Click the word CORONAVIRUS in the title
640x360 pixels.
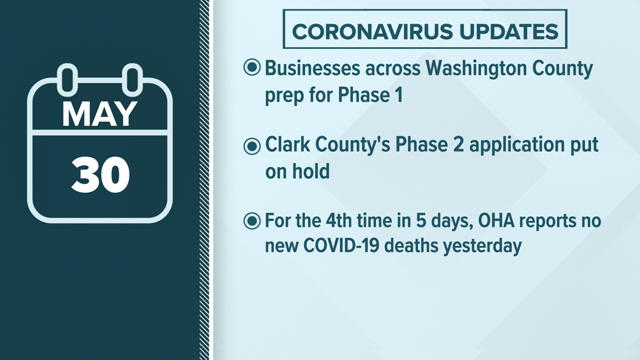(372, 32)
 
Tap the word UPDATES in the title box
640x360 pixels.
(509, 32)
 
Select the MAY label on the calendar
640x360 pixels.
(99, 114)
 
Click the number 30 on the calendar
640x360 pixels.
(100, 175)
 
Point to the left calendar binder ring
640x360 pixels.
(67, 79)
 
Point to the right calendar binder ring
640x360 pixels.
(132, 79)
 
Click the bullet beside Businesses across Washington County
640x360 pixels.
(252, 67)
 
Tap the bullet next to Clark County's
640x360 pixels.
(252, 146)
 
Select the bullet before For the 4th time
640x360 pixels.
(252, 221)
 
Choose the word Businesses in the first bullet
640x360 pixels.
(313, 68)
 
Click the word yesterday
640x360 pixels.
(482, 247)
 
